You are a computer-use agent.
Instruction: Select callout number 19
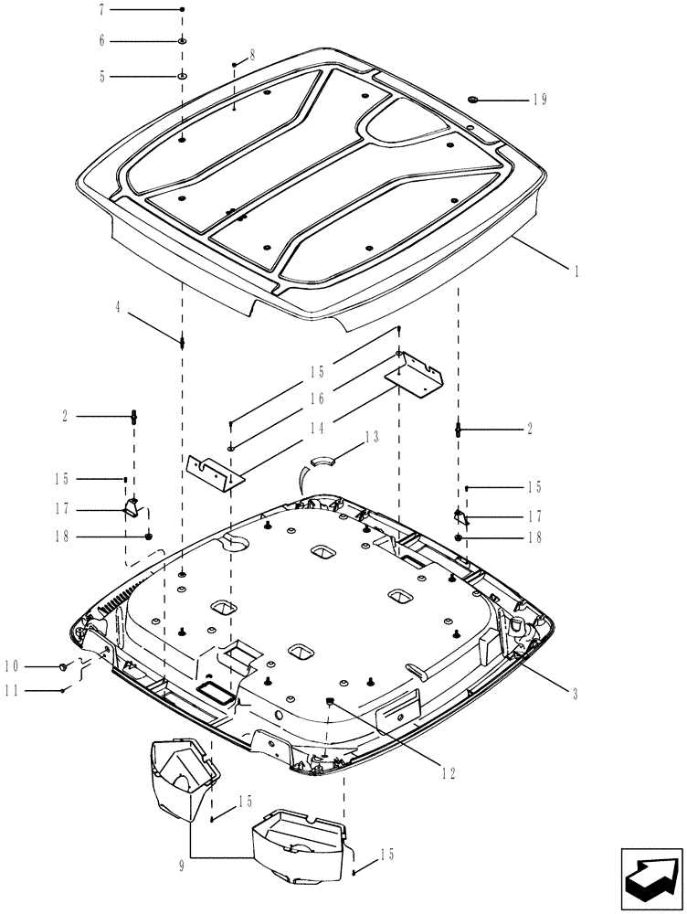click(539, 100)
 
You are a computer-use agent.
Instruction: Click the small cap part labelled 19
click(473, 98)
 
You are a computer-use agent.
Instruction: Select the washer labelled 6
click(182, 42)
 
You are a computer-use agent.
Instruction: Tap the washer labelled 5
click(182, 77)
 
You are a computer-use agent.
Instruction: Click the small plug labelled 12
click(331, 701)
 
